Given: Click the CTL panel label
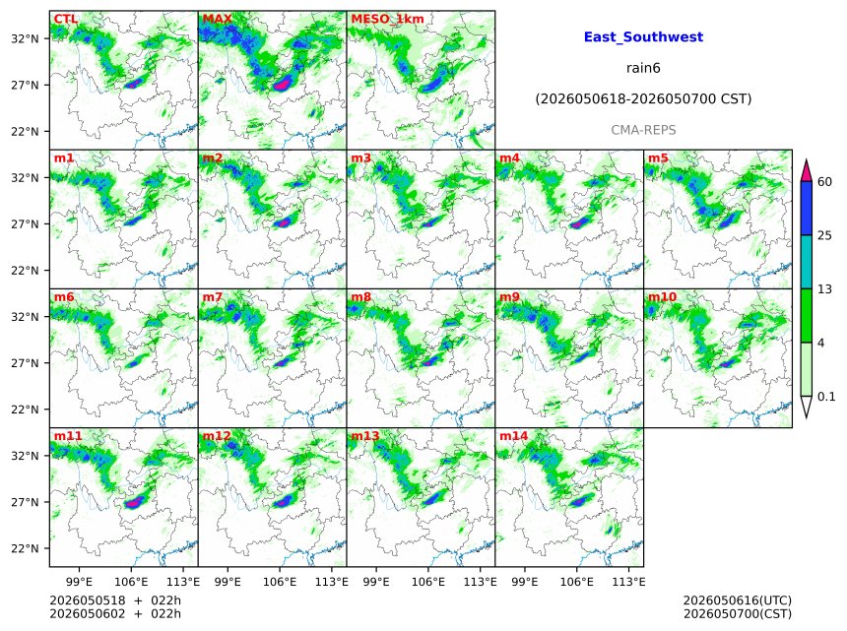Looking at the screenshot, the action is (65, 19).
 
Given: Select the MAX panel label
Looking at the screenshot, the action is (217, 19).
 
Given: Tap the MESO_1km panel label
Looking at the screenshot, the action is (387, 19).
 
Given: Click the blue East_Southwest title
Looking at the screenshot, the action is (643, 36).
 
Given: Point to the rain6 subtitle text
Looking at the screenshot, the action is (643, 68).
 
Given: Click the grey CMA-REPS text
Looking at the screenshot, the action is (643, 130).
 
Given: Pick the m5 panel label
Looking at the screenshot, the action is (658, 158).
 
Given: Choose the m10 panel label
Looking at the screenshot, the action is (662, 297).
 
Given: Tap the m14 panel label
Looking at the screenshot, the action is (513, 436).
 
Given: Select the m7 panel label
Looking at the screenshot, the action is (213, 297).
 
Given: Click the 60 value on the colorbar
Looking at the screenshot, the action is (824, 182).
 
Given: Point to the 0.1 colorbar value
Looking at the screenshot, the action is (826, 397).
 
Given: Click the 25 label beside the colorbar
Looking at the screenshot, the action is (824, 236).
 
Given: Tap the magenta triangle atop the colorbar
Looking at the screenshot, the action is (806, 171).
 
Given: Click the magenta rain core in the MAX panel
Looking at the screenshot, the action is (282, 85).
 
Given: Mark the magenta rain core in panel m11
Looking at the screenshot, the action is (133, 502).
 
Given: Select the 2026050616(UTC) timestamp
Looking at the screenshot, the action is (738, 600).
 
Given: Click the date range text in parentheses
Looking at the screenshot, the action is (643, 99).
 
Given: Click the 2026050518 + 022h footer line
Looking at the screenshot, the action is (115, 600).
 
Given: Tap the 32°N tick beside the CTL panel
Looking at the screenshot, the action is (26, 38).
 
